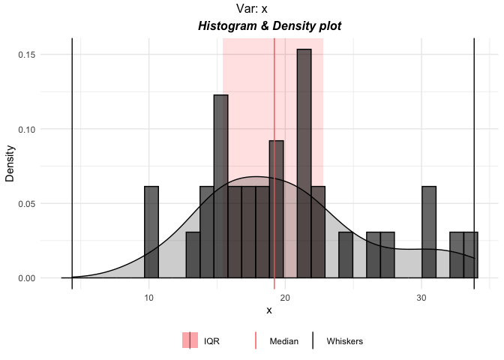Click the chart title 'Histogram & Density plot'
269,26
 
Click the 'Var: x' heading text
252,9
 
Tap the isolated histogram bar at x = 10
151,232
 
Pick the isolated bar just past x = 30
429,232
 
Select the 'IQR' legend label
211,341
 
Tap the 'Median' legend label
283,341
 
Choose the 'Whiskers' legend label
345,341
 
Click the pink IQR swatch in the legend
190,340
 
